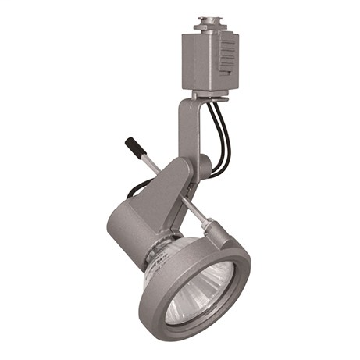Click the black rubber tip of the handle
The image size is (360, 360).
coord(134,146)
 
